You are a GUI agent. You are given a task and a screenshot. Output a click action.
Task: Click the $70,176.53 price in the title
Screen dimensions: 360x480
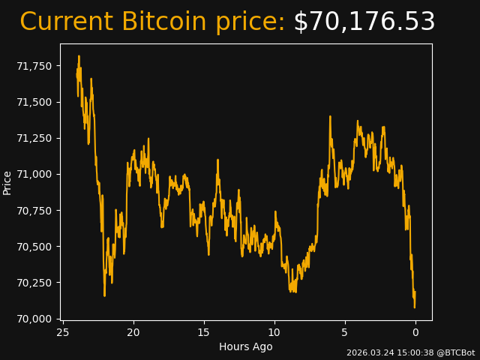[364, 22]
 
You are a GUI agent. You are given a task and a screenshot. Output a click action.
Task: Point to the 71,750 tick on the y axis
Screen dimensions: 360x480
[34, 66]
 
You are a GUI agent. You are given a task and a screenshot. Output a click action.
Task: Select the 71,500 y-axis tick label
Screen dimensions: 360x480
[34, 102]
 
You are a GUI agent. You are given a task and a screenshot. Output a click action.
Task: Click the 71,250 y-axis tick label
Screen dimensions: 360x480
[34, 138]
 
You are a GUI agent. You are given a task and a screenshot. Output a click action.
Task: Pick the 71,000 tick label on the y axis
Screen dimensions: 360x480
[34, 174]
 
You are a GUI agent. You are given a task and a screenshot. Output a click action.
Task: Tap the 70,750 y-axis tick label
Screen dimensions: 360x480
[34, 211]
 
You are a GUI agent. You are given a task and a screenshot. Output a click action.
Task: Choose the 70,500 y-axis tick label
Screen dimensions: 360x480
[34, 247]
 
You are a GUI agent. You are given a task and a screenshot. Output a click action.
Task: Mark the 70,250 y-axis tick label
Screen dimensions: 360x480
[34, 283]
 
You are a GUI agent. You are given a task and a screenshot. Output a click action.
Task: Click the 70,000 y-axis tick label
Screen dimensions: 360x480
[34, 319]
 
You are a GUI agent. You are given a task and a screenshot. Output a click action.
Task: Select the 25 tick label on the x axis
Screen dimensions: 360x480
[63, 332]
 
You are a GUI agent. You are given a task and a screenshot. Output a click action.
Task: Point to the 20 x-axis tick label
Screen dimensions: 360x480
[133, 332]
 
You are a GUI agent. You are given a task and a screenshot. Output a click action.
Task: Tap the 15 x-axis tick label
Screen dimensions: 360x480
[204, 332]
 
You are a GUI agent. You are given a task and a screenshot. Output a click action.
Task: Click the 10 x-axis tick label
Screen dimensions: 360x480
[274, 332]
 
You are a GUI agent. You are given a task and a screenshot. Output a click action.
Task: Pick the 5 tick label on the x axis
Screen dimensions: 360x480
[345, 332]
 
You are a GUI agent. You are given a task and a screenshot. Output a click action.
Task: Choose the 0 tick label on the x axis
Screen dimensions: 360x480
[415, 332]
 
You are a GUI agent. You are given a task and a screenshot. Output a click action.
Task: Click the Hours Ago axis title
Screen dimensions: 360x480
[246, 346]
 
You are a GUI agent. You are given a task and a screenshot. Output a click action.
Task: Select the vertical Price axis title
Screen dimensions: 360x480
[7, 182]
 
